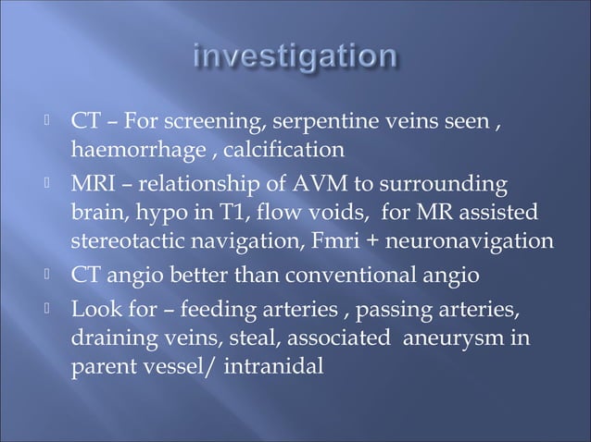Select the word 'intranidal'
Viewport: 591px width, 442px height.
coord(271,366)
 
